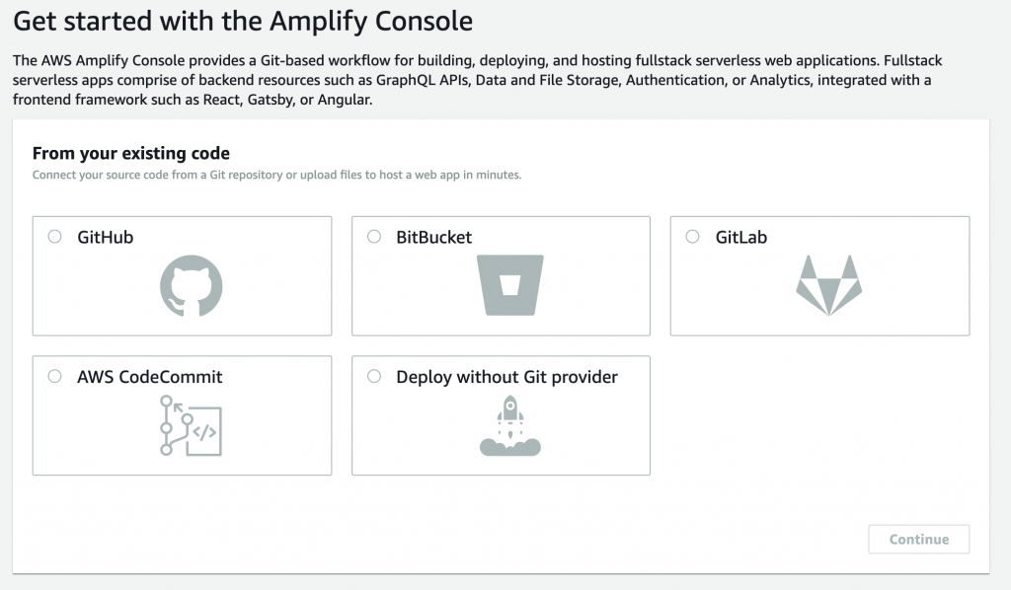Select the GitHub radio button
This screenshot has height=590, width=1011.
tap(55, 237)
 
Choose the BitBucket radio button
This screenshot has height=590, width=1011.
tap(374, 237)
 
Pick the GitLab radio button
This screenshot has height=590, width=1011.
tap(692, 237)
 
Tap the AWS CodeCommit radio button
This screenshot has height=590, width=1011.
tap(55, 376)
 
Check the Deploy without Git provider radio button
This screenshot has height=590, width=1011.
tap(374, 376)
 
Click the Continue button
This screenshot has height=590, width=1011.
tap(919, 539)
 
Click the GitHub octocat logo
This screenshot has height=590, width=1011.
tap(191, 285)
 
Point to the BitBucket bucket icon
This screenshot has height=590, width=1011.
tap(510, 285)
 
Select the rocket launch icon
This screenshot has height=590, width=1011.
tap(510, 426)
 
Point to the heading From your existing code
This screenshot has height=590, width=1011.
tap(131, 153)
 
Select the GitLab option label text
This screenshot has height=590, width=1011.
tap(741, 237)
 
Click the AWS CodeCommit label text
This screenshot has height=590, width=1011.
tap(150, 377)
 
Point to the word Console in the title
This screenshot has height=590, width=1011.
tap(424, 22)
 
